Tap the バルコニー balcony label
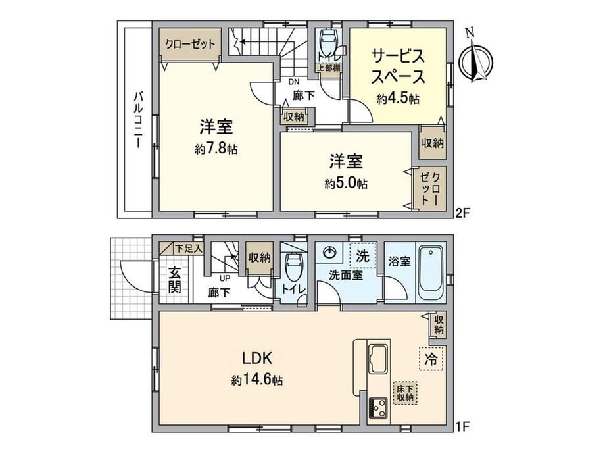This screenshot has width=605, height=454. [x=137, y=120]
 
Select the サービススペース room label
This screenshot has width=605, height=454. [x=398, y=66]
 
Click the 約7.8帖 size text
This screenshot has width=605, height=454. [x=216, y=149]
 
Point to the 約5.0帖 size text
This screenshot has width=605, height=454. [x=346, y=183]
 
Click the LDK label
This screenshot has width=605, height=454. [x=257, y=358]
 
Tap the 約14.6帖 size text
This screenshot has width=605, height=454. [x=257, y=380]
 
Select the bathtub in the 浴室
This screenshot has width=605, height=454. [x=431, y=271]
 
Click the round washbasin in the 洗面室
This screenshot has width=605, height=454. [x=329, y=253]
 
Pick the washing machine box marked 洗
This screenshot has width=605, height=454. [x=362, y=255]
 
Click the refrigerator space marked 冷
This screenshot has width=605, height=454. [x=431, y=359]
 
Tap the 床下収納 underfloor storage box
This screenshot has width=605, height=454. [x=405, y=393]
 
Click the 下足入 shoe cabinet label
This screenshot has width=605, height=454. [x=188, y=249]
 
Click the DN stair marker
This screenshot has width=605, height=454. [x=294, y=82]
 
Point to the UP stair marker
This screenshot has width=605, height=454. [x=225, y=278]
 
